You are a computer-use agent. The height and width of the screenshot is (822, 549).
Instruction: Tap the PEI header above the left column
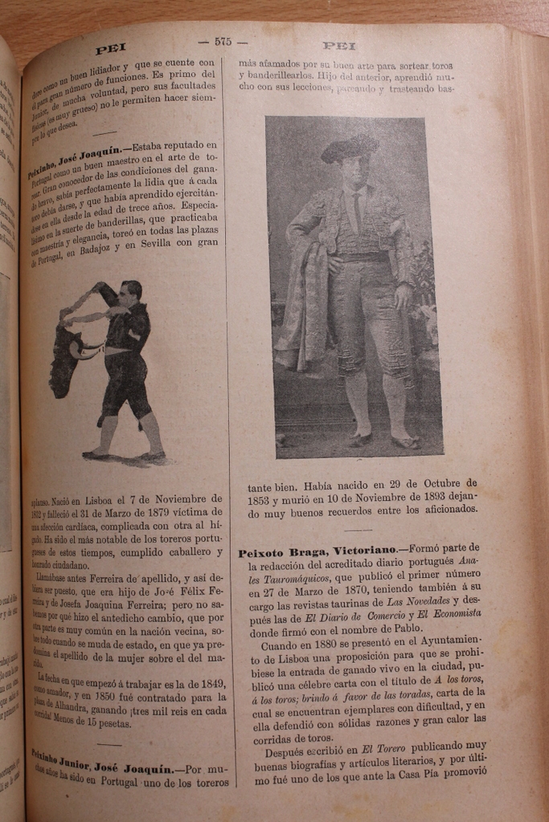coord(111,49)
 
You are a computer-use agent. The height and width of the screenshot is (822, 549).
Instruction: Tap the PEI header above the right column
coord(338,46)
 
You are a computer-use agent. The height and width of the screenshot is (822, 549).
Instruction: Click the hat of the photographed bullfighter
coord(349,149)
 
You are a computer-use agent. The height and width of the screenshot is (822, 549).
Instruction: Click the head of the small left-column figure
coord(129,291)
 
